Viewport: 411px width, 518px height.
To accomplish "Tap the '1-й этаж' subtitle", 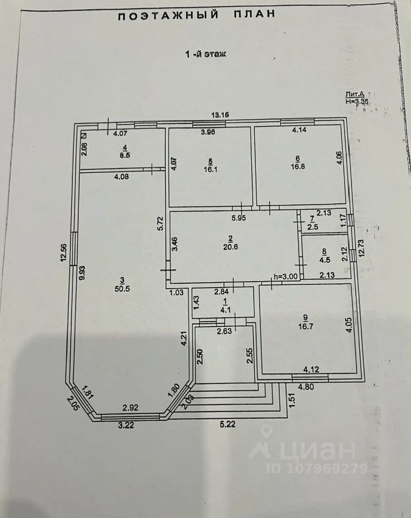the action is (205, 54).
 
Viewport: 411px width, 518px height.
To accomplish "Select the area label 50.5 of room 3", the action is (122, 289).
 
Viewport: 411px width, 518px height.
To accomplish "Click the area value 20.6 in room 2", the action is (233, 247).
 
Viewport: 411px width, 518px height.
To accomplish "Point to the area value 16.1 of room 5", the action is (210, 168).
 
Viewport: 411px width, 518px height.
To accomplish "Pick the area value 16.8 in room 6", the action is (298, 167).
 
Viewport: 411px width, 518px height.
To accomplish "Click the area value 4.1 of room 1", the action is (223, 310).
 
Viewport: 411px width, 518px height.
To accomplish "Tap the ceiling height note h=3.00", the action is (286, 277).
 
